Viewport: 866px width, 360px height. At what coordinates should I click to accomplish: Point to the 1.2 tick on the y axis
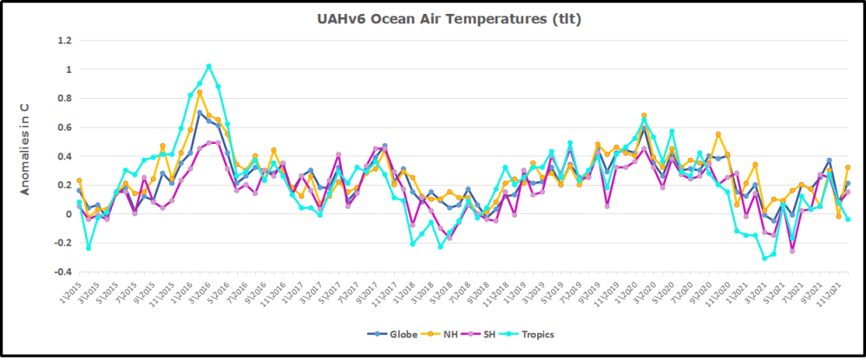pos(63,40)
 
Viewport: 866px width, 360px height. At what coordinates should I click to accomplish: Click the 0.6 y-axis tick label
pos(63,127)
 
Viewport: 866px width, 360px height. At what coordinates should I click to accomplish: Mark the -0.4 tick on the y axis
pos(62,272)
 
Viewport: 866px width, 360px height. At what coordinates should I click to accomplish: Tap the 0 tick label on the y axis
pos(69,214)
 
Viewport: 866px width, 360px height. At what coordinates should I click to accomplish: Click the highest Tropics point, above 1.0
pos(208,66)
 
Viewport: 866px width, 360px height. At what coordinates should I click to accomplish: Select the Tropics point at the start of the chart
pos(79,203)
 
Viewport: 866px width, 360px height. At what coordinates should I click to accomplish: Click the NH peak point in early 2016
pos(200,92)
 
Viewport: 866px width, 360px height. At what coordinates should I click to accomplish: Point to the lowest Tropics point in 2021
pos(764,259)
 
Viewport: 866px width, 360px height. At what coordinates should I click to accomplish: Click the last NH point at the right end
pos(848,167)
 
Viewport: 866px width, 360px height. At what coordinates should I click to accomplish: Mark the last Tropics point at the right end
pos(848,219)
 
